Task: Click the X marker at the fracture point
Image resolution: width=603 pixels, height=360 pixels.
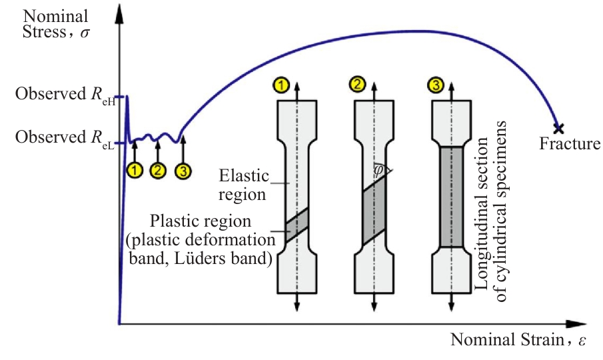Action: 558,129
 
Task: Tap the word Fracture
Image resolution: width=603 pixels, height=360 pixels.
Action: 570,143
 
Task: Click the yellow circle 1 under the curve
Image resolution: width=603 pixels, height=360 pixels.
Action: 135,170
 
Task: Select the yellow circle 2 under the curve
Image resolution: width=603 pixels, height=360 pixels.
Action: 158,170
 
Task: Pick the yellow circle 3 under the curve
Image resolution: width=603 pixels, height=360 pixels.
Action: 183,171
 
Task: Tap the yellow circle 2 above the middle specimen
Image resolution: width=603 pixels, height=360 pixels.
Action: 358,84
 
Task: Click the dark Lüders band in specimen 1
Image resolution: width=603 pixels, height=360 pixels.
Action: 297,225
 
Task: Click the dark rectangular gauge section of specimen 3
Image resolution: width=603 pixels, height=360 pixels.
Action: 451,197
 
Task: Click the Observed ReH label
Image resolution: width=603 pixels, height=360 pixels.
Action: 65,94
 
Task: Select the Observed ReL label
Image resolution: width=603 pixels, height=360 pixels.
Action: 65,138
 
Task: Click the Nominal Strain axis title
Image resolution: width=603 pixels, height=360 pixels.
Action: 518,339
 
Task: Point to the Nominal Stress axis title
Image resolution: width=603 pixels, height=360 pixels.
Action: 56,24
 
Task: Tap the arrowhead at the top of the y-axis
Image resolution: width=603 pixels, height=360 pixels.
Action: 119,14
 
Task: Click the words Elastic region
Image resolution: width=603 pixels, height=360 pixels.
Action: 243,185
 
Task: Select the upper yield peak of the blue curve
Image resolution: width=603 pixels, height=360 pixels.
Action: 127,97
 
